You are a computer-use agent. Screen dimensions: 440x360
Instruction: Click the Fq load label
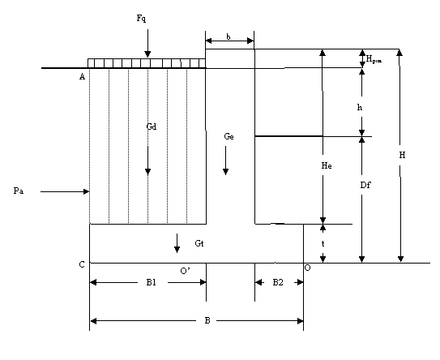tap(141, 19)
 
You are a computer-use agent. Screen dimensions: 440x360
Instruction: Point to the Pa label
tap(19, 191)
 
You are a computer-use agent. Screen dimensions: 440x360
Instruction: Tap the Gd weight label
tap(152, 126)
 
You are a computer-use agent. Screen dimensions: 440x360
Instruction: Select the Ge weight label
tap(229, 136)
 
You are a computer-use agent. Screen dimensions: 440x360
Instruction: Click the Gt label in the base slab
tap(199, 243)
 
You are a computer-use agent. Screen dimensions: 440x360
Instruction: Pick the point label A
tap(82, 77)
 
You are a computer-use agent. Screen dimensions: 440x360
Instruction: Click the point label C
tap(82, 264)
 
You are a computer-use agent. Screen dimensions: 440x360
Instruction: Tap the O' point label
tap(185, 271)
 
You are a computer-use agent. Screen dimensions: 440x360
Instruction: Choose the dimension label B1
tap(152, 282)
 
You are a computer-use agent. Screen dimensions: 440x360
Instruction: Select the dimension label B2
tap(278, 282)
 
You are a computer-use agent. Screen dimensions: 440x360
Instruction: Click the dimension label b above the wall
tap(229, 36)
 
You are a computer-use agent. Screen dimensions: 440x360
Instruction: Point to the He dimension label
tap(327, 165)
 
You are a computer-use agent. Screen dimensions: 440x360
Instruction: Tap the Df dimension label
tap(365, 185)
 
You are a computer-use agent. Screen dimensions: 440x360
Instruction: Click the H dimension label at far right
tap(402, 155)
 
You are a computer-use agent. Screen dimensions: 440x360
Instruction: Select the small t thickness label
tap(323, 244)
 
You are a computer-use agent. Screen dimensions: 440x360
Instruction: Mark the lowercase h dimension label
tap(360, 107)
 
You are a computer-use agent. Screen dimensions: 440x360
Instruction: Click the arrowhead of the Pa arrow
tap(87, 192)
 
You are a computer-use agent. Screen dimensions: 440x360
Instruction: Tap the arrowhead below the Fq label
tap(147, 54)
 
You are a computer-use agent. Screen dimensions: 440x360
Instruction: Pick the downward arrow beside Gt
tap(177, 243)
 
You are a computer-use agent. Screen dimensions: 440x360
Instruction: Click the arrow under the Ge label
tap(225, 161)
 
